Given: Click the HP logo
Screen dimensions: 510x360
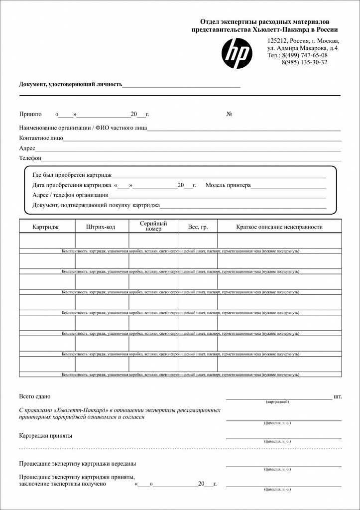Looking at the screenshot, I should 237,53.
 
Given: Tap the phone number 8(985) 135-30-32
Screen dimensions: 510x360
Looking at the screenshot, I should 304,62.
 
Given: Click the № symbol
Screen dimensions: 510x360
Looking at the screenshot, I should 230,114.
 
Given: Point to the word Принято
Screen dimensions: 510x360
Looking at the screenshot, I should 30,114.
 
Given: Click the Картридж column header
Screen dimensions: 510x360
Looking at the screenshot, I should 45,227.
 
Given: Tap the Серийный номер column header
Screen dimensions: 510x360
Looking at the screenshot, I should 153,226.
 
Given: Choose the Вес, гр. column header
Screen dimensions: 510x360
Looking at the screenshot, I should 198,227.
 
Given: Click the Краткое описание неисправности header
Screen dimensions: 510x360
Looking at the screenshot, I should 279,227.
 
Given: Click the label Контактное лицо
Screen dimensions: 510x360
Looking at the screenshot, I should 41,138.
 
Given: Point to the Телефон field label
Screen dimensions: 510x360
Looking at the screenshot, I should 30,158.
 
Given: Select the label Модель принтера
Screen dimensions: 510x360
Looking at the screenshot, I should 228,185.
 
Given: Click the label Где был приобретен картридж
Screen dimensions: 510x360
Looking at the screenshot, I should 72,175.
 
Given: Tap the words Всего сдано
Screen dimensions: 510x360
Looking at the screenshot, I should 35,396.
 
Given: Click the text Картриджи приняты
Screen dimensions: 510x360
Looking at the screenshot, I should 45,435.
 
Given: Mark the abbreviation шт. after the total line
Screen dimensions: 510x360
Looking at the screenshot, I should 338,396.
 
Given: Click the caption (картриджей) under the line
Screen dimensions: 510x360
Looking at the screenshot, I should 277,401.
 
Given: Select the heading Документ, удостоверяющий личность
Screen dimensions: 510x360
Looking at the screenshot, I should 70,84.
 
